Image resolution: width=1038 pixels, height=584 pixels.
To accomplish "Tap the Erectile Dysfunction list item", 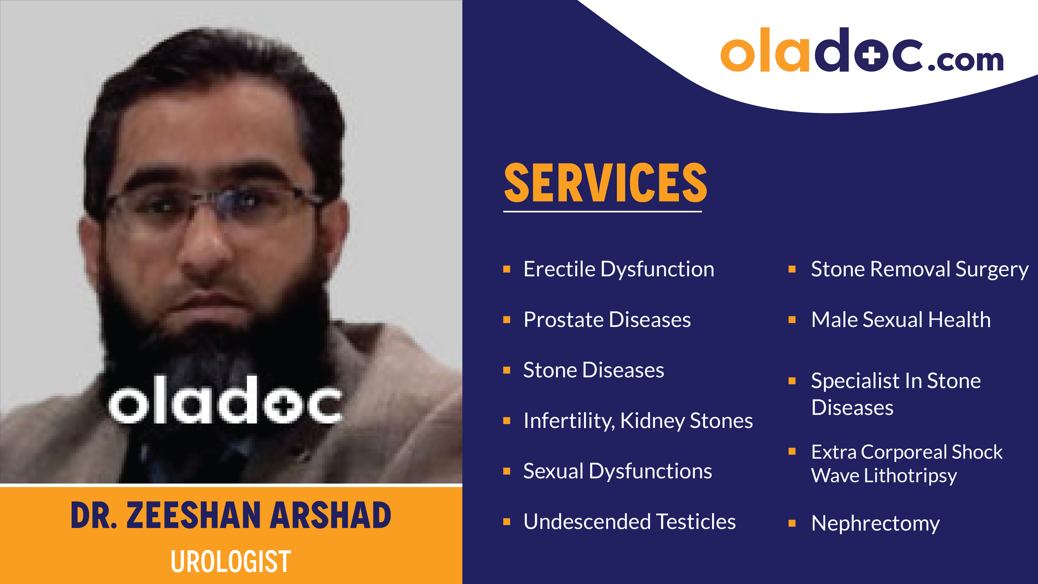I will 618,269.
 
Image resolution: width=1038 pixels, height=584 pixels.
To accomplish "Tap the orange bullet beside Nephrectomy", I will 792,523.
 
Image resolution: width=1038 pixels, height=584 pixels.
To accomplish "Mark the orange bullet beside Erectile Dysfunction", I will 507,269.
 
